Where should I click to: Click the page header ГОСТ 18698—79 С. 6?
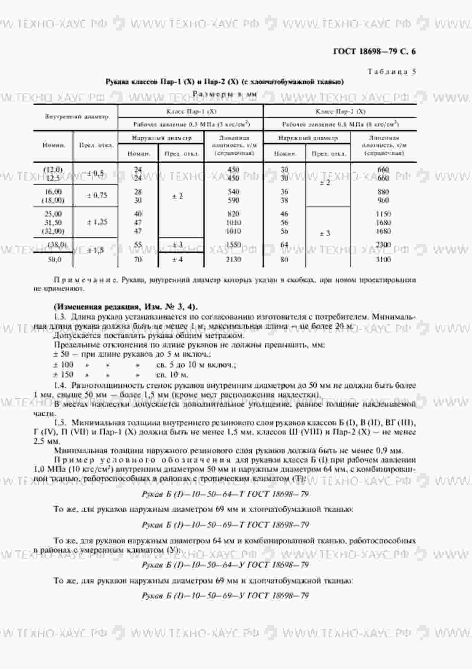(x=374, y=51)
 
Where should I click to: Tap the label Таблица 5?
(x=391, y=72)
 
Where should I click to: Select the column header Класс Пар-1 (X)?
(x=191, y=112)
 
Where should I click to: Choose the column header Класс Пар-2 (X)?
(x=340, y=112)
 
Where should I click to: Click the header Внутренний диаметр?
(x=77, y=116)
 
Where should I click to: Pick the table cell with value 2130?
(x=233, y=260)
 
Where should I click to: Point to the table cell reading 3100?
(x=383, y=260)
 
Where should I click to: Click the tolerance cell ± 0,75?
(x=97, y=196)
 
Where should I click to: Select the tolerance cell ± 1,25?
(x=97, y=222)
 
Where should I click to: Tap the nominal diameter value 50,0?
(x=54, y=260)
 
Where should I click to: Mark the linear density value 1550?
(x=233, y=245)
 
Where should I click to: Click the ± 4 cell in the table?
(x=177, y=260)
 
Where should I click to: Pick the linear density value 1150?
(x=383, y=214)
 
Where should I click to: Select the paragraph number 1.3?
(x=61, y=317)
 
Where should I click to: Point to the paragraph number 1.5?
(x=61, y=423)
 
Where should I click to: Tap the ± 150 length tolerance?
(x=63, y=374)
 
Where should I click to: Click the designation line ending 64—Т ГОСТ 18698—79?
(x=225, y=494)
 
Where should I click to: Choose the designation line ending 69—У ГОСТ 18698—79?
(x=225, y=595)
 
